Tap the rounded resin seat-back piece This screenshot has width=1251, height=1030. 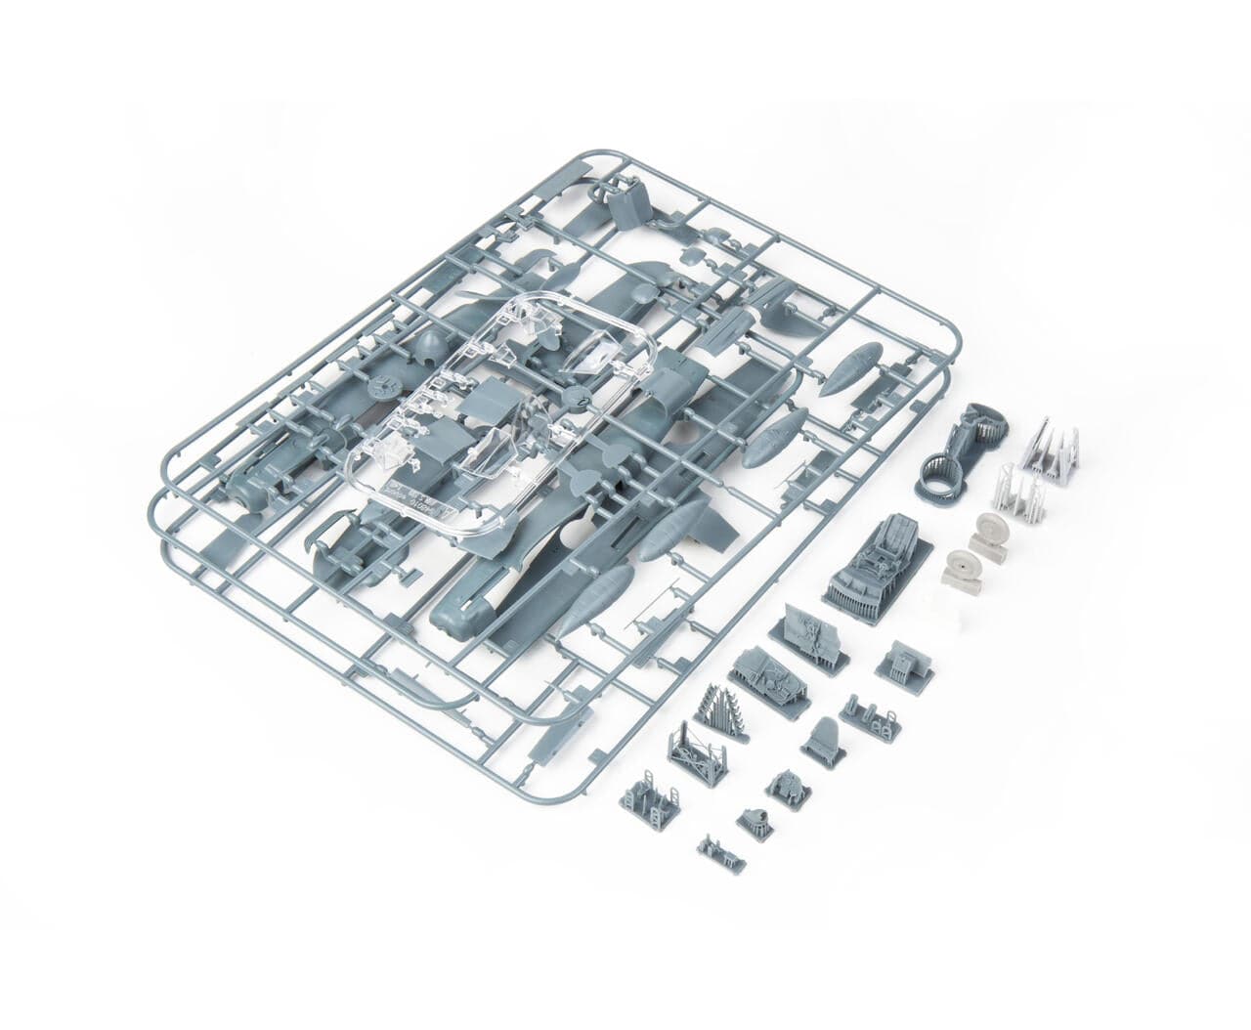(823, 739)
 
